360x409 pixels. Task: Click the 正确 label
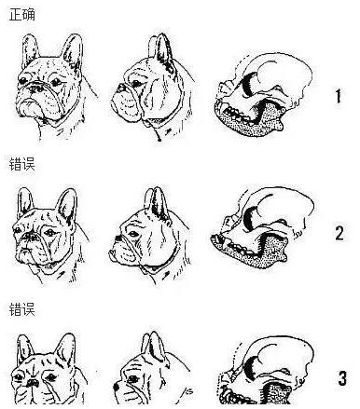(x=21, y=14)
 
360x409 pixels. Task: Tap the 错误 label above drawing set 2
(x=21, y=164)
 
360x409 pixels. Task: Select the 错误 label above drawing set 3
(x=21, y=309)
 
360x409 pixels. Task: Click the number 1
(x=339, y=96)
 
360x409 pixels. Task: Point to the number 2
(x=339, y=233)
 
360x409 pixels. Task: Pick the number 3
(x=342, y=378)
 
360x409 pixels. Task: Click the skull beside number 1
(x=264, y=94)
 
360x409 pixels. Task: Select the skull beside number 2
(x=263, y=227)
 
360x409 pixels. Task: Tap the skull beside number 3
(x=265, y=370)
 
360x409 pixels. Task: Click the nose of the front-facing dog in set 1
(x=36, y=88)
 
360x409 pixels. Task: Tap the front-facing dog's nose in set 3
(x=33, y=383)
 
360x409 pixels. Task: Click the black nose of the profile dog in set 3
(x=116, y=387)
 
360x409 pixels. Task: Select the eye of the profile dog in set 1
(x=136, y=83)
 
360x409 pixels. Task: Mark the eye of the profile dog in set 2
(x=133, y=234)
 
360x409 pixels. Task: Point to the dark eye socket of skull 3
(x=251, y=366)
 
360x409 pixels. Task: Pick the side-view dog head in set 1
(x=152, y=87)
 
